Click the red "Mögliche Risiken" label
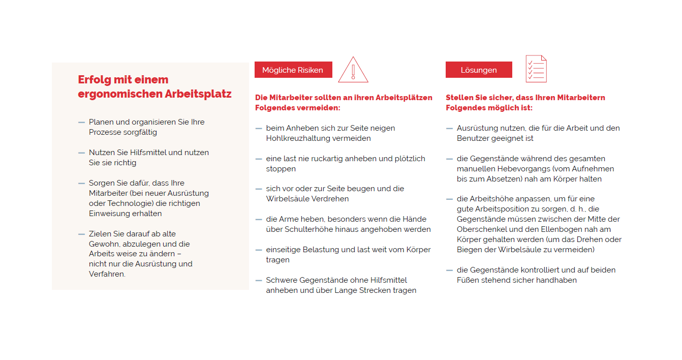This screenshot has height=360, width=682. (293, 70)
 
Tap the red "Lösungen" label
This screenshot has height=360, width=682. (479, 70)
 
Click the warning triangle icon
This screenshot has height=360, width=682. (353, 70)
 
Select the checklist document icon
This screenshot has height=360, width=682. (536, 69)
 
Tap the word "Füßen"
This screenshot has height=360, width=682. (467, 280)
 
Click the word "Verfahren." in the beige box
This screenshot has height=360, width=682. (107, 274)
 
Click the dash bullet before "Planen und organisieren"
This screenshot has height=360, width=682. (81, 123)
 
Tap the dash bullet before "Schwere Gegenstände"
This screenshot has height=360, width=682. (259, 281)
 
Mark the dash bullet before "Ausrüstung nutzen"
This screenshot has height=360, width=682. (449, 129)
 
